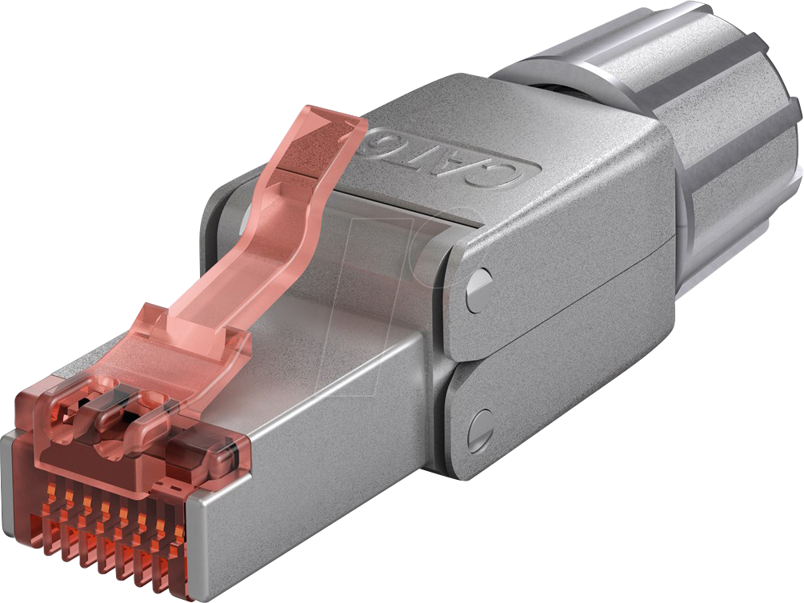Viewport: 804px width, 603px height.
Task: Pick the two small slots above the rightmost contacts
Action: tap(168, 486)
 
